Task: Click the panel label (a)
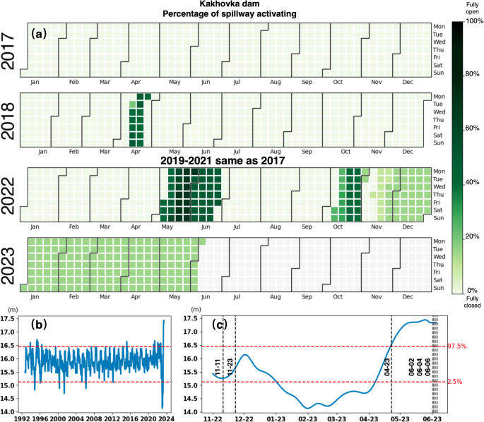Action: click(37, 32)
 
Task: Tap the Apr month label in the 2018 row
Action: click(136, 152)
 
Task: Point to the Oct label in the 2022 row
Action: click(346, 227)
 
